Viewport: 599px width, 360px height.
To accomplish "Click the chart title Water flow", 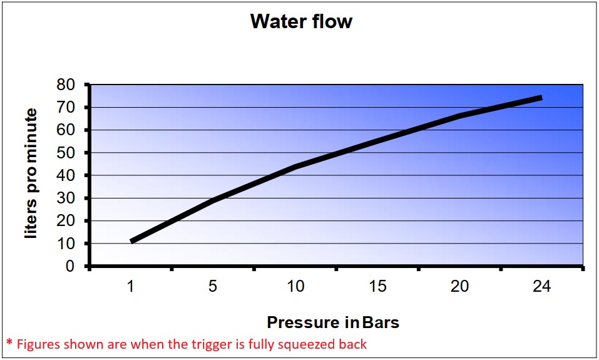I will [x=301, y=22].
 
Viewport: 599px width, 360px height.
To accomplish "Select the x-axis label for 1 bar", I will [x=131, y=287].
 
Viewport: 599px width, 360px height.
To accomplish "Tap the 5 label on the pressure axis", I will [x=213, y=287].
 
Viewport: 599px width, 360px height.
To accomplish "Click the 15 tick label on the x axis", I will [x=377, y=287].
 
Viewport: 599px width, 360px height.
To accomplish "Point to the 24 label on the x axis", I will [x=541, y=287].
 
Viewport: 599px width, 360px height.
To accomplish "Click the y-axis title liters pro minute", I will [x=31, y=173].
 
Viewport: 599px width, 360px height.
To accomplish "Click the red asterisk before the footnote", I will [x=9, y=343].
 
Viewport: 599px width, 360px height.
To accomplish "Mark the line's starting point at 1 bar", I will [x=131, y=241].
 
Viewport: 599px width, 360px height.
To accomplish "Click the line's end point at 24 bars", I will [x=541, y=98].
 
